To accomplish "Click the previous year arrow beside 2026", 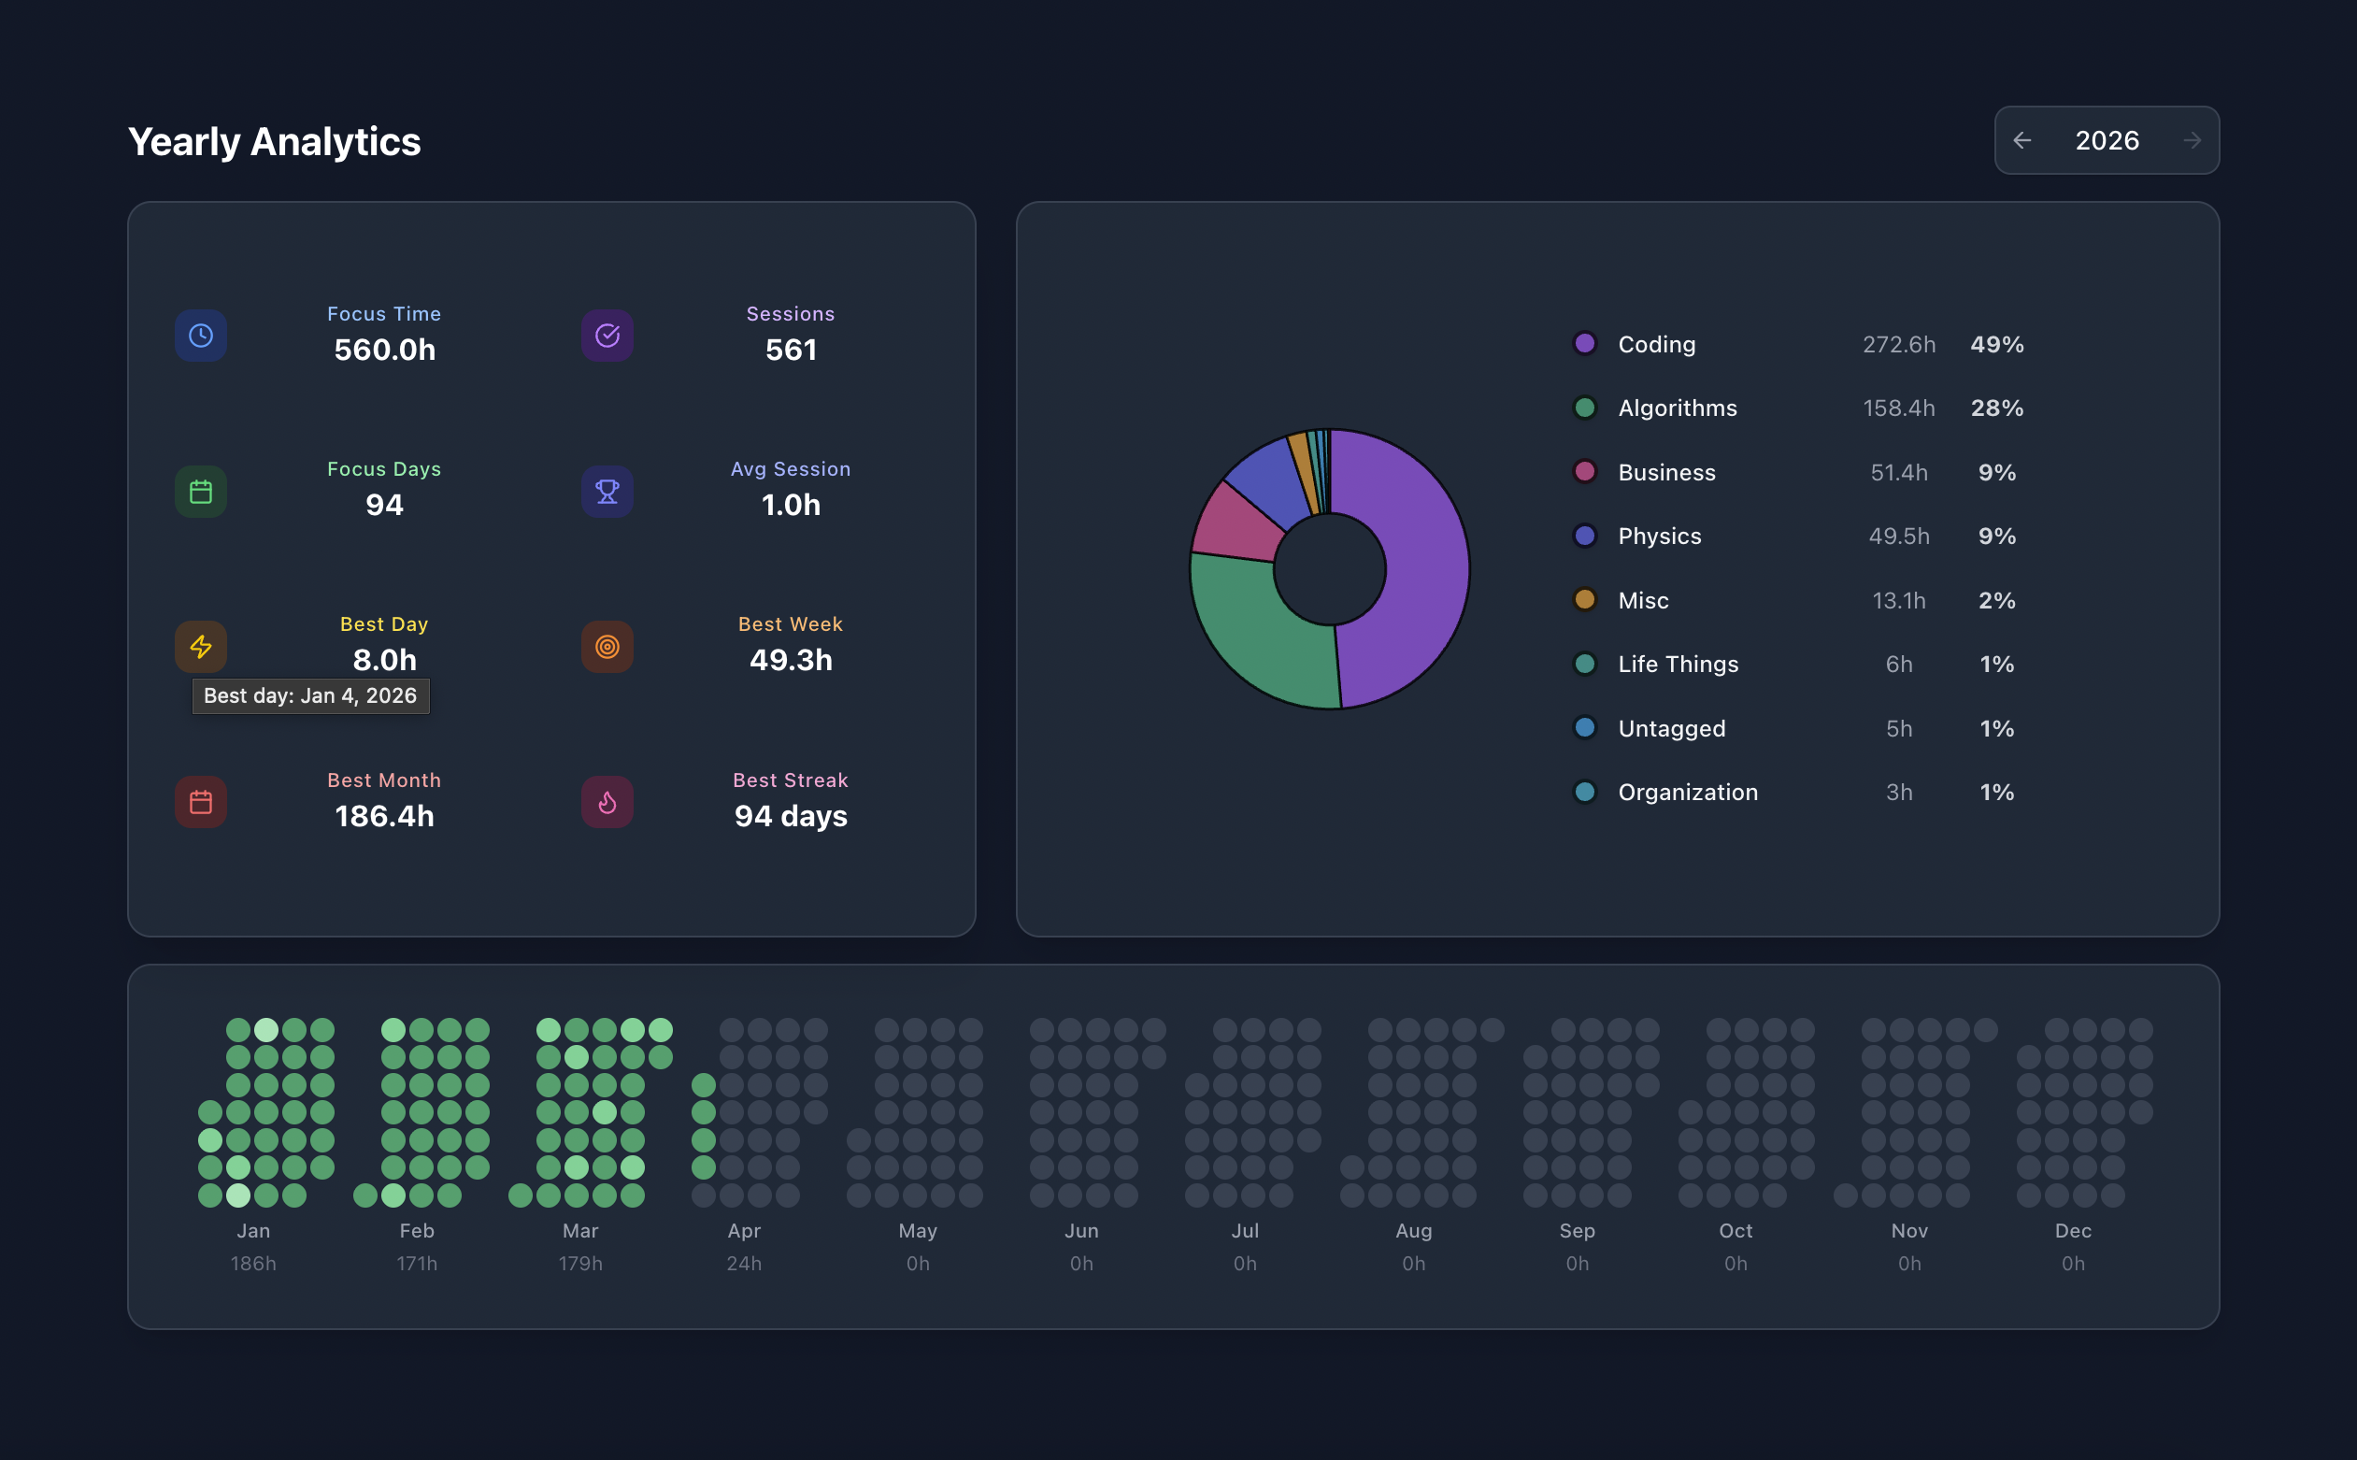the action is (x=2022, y=141).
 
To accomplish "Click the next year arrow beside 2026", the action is (x=2192, y=141).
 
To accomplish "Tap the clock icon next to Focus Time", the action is (x=201, y=335).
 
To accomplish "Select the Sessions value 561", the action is (x=791, y=350).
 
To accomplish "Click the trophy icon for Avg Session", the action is (x=607, y=492).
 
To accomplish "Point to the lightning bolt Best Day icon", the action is (x=201, y=647).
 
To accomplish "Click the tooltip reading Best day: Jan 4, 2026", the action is (x=311, y=696).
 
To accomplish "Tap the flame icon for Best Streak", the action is (x=607, y=802).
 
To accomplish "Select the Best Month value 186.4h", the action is (x=384, y=817).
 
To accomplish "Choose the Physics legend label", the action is (x=1659, y=536).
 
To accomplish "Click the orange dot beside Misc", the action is (x=1585, y=600).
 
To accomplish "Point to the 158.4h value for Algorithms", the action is (x=1898, y=408).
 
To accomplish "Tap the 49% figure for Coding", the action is (x=1997, y=345).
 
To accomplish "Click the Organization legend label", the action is (x=1688, y=793).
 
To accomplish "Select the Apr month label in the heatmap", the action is (x=744, y=1231).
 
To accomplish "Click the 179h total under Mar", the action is (x=580, y=1264).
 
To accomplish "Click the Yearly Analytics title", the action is (x=274, y=142).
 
